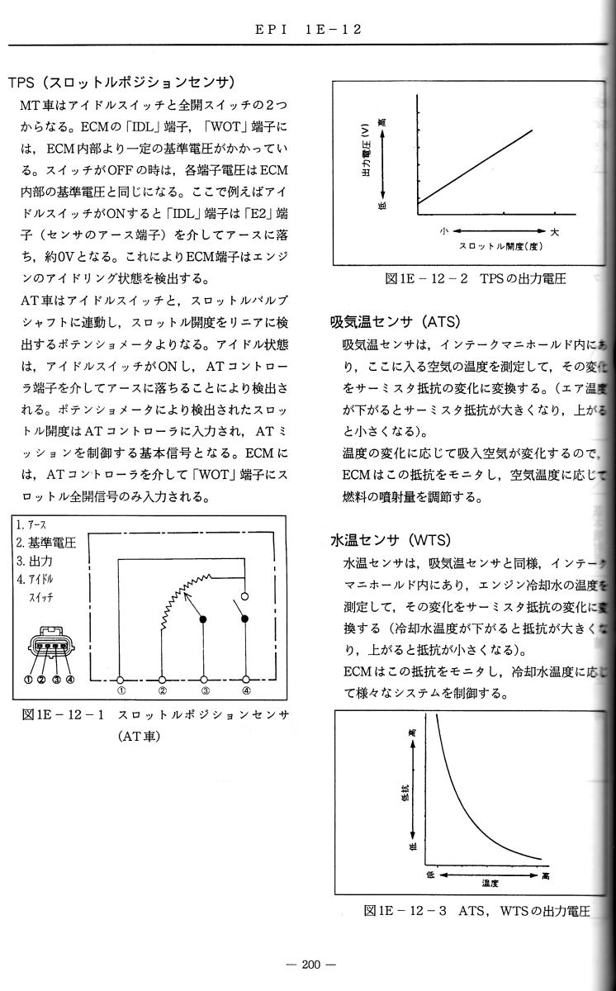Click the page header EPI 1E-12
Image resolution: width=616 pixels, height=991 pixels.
tap(308, 29)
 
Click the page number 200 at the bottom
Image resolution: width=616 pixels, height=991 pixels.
tap(308, 964)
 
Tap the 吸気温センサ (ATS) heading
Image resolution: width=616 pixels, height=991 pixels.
tap(395, 321)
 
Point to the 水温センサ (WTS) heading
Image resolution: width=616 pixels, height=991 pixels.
tap(389, 540)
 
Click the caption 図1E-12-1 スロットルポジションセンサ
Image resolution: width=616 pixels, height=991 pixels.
tap(157, 714)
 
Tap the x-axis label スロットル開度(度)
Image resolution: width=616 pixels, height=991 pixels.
tap(500, 247)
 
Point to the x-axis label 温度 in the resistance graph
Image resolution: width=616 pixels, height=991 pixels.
tap(490, 883)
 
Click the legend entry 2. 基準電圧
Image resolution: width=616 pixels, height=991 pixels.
tap(46, 543)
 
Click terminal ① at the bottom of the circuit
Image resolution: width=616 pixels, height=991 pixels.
tap(121, 680)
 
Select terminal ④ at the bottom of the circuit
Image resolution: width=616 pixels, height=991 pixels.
tap(246, 680)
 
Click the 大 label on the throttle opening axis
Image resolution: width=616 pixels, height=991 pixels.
tap(554, 232)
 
